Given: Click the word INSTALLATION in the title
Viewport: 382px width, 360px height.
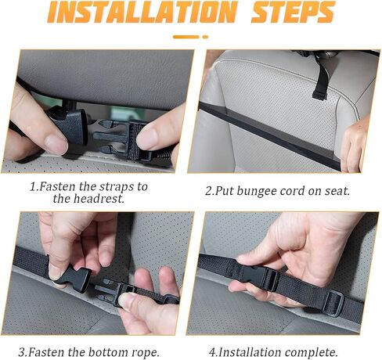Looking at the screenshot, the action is pos(142,12).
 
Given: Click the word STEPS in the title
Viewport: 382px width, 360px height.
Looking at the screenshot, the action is pos(293,12).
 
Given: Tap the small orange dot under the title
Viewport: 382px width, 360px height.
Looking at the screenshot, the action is pos(205,37).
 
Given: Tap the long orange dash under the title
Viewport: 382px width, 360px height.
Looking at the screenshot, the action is pos(186,37).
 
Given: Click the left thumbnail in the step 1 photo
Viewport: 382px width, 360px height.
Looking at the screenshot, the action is pos(56,144).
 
